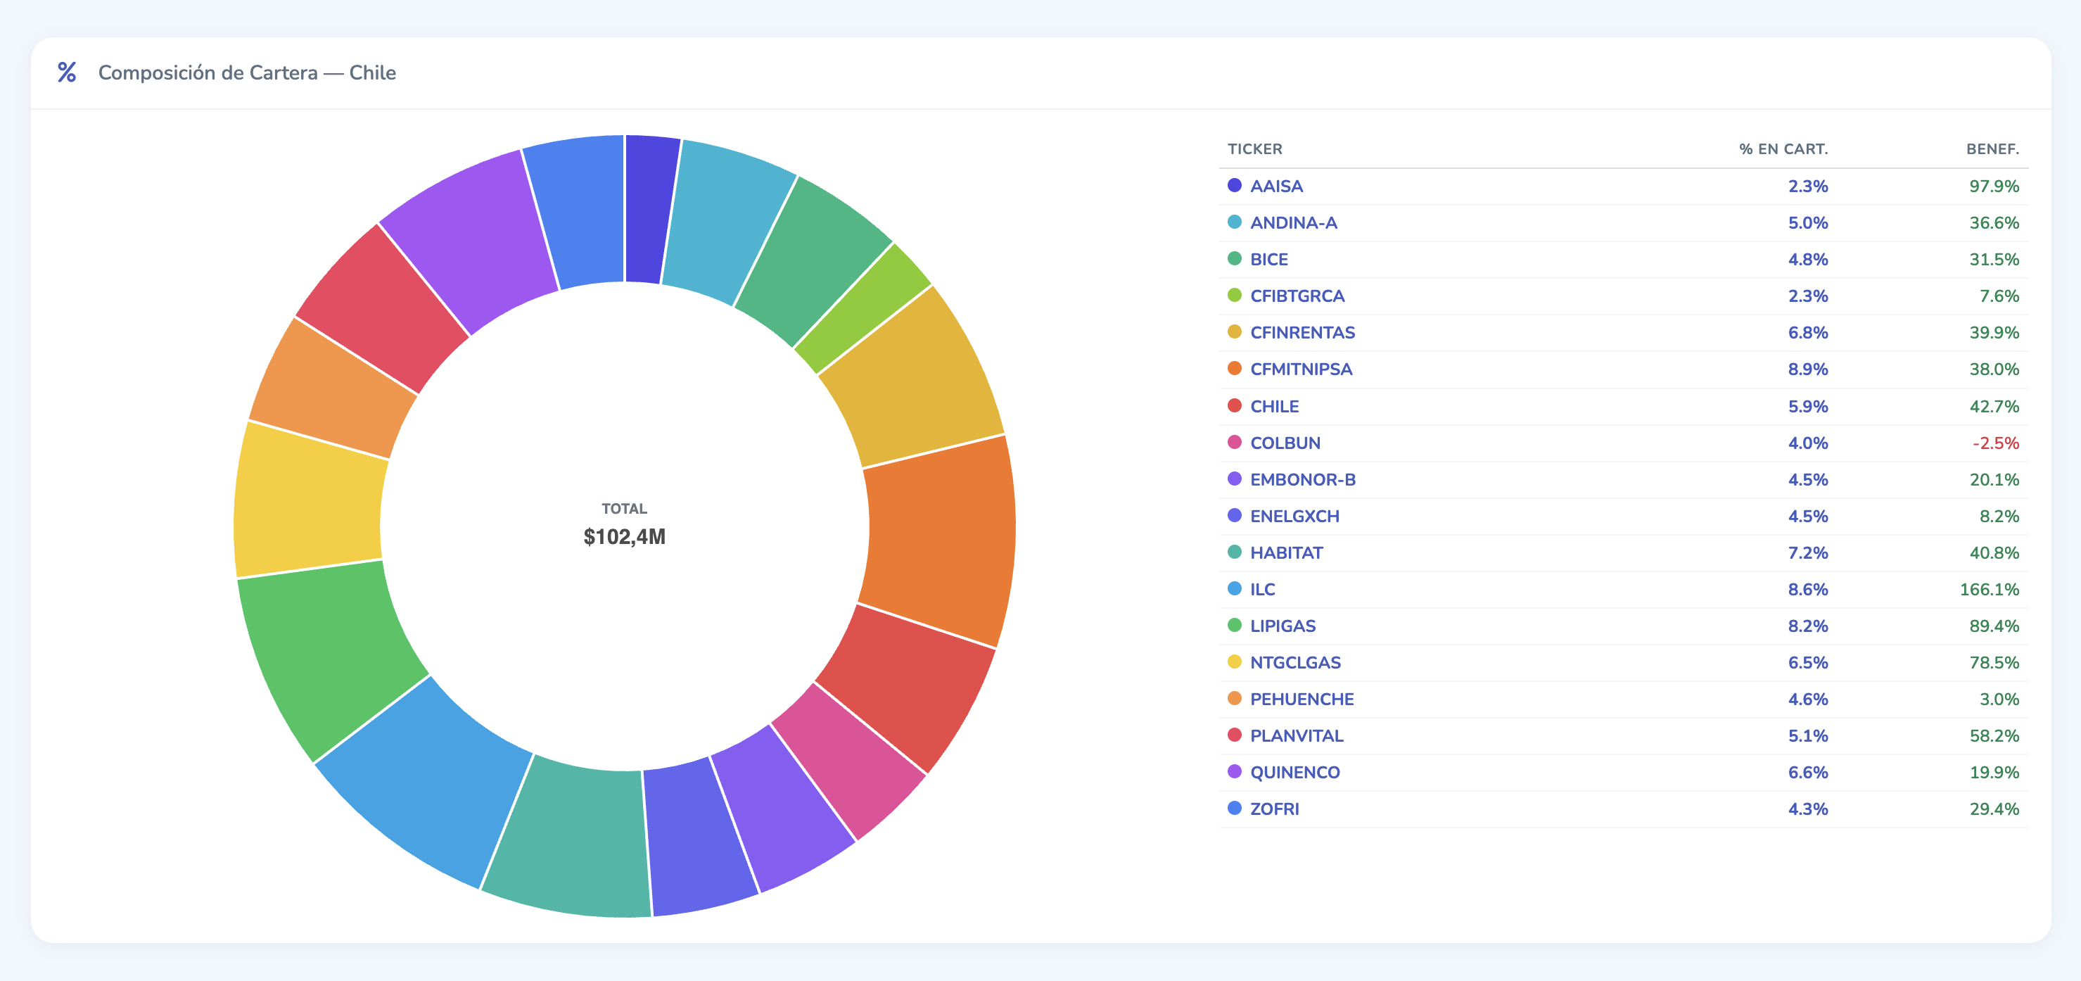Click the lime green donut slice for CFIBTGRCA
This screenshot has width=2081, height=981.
861,307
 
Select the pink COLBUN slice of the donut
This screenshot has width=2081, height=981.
848,759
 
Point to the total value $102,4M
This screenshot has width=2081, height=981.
625,536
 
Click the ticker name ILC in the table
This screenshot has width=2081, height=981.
1262,589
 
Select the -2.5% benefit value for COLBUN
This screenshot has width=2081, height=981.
1995,443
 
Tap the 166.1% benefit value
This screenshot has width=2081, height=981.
1989,589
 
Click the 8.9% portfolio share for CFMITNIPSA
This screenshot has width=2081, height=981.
1807,369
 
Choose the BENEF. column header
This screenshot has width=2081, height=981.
1992,148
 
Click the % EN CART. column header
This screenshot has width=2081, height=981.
1783,148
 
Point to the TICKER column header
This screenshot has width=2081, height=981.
1254,148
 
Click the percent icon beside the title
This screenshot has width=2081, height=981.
67,72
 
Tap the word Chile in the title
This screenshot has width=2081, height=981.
372,72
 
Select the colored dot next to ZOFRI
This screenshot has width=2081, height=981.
1235,808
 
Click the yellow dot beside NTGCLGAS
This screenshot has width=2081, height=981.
1235,662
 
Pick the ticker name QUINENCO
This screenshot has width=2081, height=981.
1294,772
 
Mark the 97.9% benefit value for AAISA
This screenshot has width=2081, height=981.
1994,186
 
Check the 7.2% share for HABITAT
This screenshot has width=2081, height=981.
1807,552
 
